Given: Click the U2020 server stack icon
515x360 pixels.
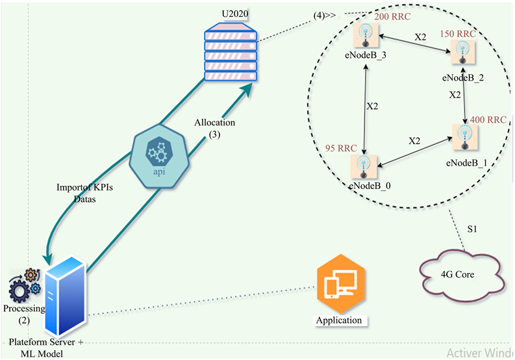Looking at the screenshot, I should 230,53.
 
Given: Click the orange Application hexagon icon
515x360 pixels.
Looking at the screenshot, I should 338,284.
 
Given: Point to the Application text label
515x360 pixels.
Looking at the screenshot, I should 338,320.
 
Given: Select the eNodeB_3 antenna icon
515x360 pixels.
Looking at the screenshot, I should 366,34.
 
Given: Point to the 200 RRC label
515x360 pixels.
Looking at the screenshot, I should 392,16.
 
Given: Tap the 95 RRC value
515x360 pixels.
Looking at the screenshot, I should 340,148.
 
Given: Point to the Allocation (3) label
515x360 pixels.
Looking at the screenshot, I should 215,128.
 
